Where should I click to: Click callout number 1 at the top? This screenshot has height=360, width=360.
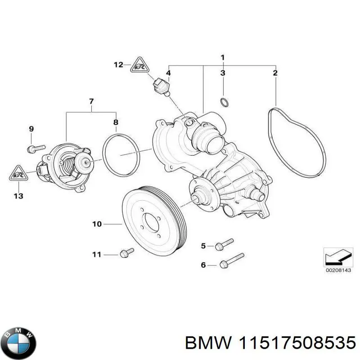pos(222,57)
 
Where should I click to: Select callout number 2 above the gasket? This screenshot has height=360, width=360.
pos(275,72)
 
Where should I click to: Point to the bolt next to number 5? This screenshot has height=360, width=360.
pos(224,245)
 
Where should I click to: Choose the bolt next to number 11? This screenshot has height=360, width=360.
pos(126,253)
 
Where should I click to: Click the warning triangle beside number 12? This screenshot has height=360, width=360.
pos(137,67)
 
